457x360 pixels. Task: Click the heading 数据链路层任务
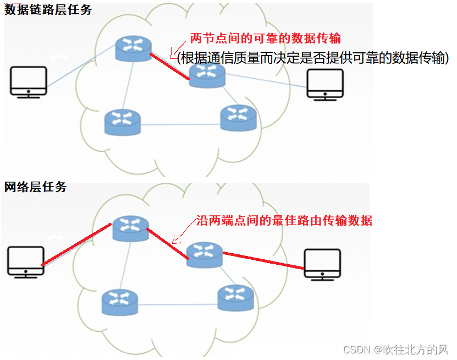click(48, 9)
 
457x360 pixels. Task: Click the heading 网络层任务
click(36, 187)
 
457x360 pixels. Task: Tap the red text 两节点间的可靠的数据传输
click(266, 39)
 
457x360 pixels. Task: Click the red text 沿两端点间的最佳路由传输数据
click(284, 221)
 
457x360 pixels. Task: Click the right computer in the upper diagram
click(325, 84)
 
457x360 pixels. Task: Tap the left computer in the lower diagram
click(26, 261)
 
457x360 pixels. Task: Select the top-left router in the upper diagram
click(134, 49)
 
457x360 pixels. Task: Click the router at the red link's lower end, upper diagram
click(207, 74)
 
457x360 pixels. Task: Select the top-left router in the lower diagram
click(130, 228)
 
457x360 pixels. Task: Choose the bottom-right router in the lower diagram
click(236, 297)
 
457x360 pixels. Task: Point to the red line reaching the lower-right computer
click(263, 260)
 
